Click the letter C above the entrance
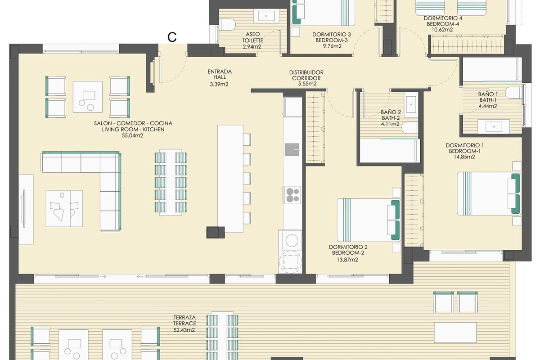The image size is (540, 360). (x=172, y=37)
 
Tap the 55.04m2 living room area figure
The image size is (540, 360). (x=132, y=135)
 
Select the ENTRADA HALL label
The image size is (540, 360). (x=220, y=74)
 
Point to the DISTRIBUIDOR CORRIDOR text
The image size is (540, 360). (x=306, y=75)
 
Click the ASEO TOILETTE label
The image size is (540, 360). (x=252, y=37)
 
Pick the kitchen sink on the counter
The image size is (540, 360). (x=292, y=150)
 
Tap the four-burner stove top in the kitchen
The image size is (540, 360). (x=292, y=195)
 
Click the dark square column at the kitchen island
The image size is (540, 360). (x=215, y=233)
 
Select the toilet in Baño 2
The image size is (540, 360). (x=410, y=127)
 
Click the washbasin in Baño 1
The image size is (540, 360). (x=494, y=126)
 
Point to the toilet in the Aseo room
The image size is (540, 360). (x=228, y=25)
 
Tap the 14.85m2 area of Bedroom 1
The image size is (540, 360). (x=464, y=157)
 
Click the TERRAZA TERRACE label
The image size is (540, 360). (x=184, y=320)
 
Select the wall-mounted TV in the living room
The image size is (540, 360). (x=23, y=208)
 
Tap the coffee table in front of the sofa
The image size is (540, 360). (x=64, y=208)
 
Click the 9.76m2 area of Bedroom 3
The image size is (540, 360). (x=332, y=46)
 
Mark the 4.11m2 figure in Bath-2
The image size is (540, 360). (x=390, y=124)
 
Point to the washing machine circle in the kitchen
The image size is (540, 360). (x=292, y=241)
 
